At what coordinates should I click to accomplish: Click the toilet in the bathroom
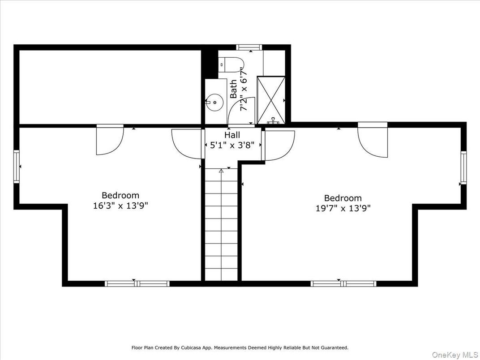[231, 65]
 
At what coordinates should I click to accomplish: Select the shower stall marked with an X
[271, 100]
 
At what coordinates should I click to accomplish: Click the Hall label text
[232, 135]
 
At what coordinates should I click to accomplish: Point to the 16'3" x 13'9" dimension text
[120, 206]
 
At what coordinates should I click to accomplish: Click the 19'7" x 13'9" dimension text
[343, 208]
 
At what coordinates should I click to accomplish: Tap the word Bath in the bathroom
[234, 89]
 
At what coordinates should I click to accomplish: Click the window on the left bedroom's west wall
[17, 167]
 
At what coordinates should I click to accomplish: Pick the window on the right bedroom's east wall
[463, 168]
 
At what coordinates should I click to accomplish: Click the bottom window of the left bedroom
[137, 283]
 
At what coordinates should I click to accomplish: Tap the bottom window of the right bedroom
[343, 283]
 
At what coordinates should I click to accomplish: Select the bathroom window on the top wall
[249, 47]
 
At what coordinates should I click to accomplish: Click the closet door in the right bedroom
[373, 141]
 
